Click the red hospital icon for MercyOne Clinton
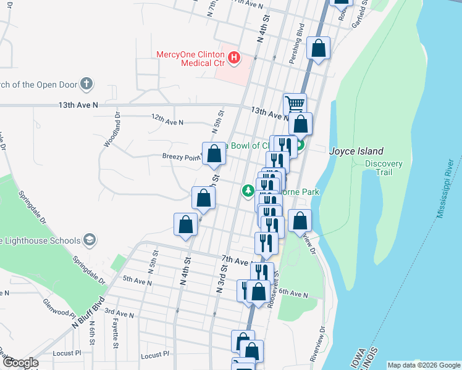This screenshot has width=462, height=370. [x=234, y=58]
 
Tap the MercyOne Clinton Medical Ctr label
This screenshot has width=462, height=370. [x=191, y=58]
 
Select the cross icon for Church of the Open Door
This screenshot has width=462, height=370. [x=86, y=83]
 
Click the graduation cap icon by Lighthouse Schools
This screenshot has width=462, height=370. [x=89, y=240]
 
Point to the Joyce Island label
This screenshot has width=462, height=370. [x=356, y=151]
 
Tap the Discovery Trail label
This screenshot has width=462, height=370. [x=384, y=168]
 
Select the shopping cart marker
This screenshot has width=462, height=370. [x=295, y=104]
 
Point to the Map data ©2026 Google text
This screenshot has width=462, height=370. [x=423, y=365]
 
